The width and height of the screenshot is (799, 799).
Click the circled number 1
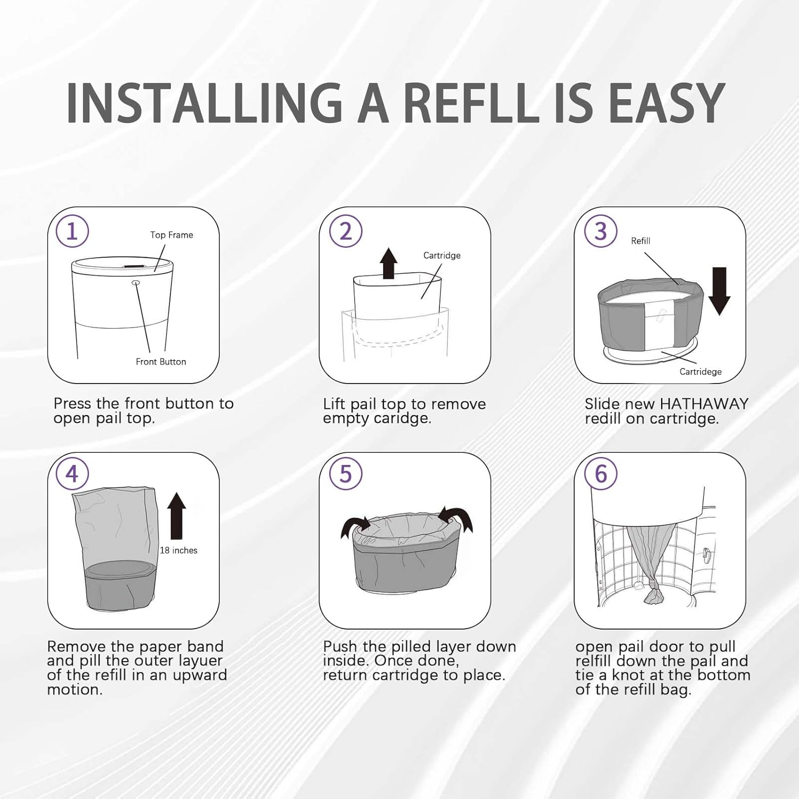72,231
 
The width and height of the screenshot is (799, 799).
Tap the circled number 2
346,232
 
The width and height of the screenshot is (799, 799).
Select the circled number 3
601,232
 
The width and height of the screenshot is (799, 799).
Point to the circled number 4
72,474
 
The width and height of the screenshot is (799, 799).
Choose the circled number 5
346,474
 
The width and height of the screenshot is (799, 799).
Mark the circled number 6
601,474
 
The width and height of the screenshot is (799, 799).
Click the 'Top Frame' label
172,235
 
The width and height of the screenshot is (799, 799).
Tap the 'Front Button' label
161,362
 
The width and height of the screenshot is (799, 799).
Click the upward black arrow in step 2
389,263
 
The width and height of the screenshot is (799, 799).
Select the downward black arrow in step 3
719,291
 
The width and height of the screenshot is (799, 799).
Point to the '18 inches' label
178,550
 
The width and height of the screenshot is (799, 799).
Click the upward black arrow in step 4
176,516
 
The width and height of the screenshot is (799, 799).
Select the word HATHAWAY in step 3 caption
704,404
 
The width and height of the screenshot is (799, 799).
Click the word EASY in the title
666,103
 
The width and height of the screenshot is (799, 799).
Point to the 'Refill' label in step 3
640,241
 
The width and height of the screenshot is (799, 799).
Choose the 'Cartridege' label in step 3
700,372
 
